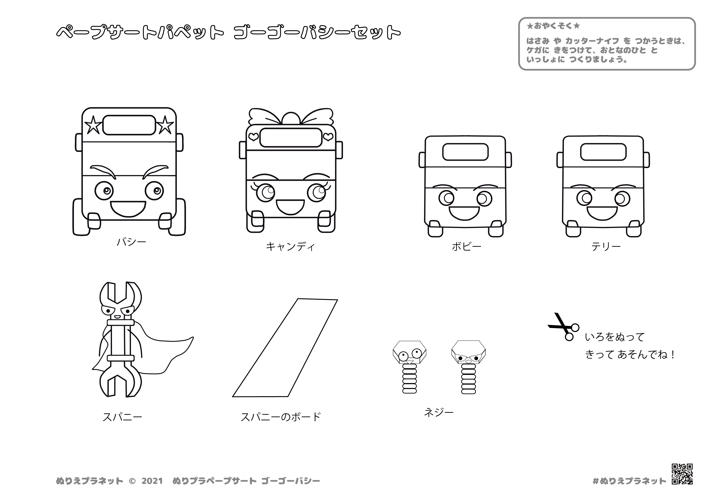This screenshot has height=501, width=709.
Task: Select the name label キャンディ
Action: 290,247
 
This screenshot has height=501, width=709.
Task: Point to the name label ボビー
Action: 466,247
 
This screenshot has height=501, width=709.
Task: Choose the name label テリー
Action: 606,247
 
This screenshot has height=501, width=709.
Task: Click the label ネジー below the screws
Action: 439,413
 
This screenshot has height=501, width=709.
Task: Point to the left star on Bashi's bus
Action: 93,126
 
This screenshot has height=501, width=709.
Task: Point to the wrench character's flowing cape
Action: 160,352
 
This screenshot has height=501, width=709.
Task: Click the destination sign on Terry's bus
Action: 603,152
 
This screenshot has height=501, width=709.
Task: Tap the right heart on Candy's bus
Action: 328,136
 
